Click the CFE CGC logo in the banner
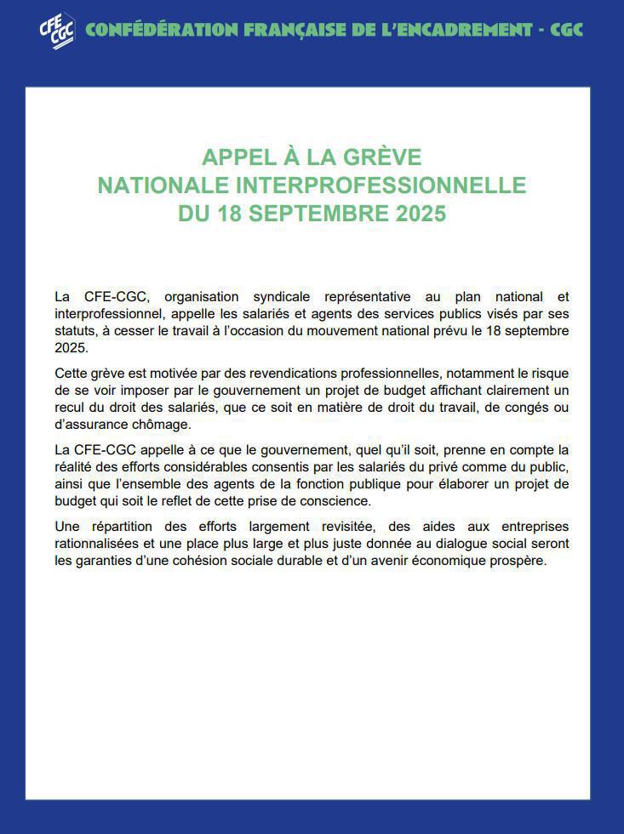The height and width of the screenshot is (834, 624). [x=56, y=31]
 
